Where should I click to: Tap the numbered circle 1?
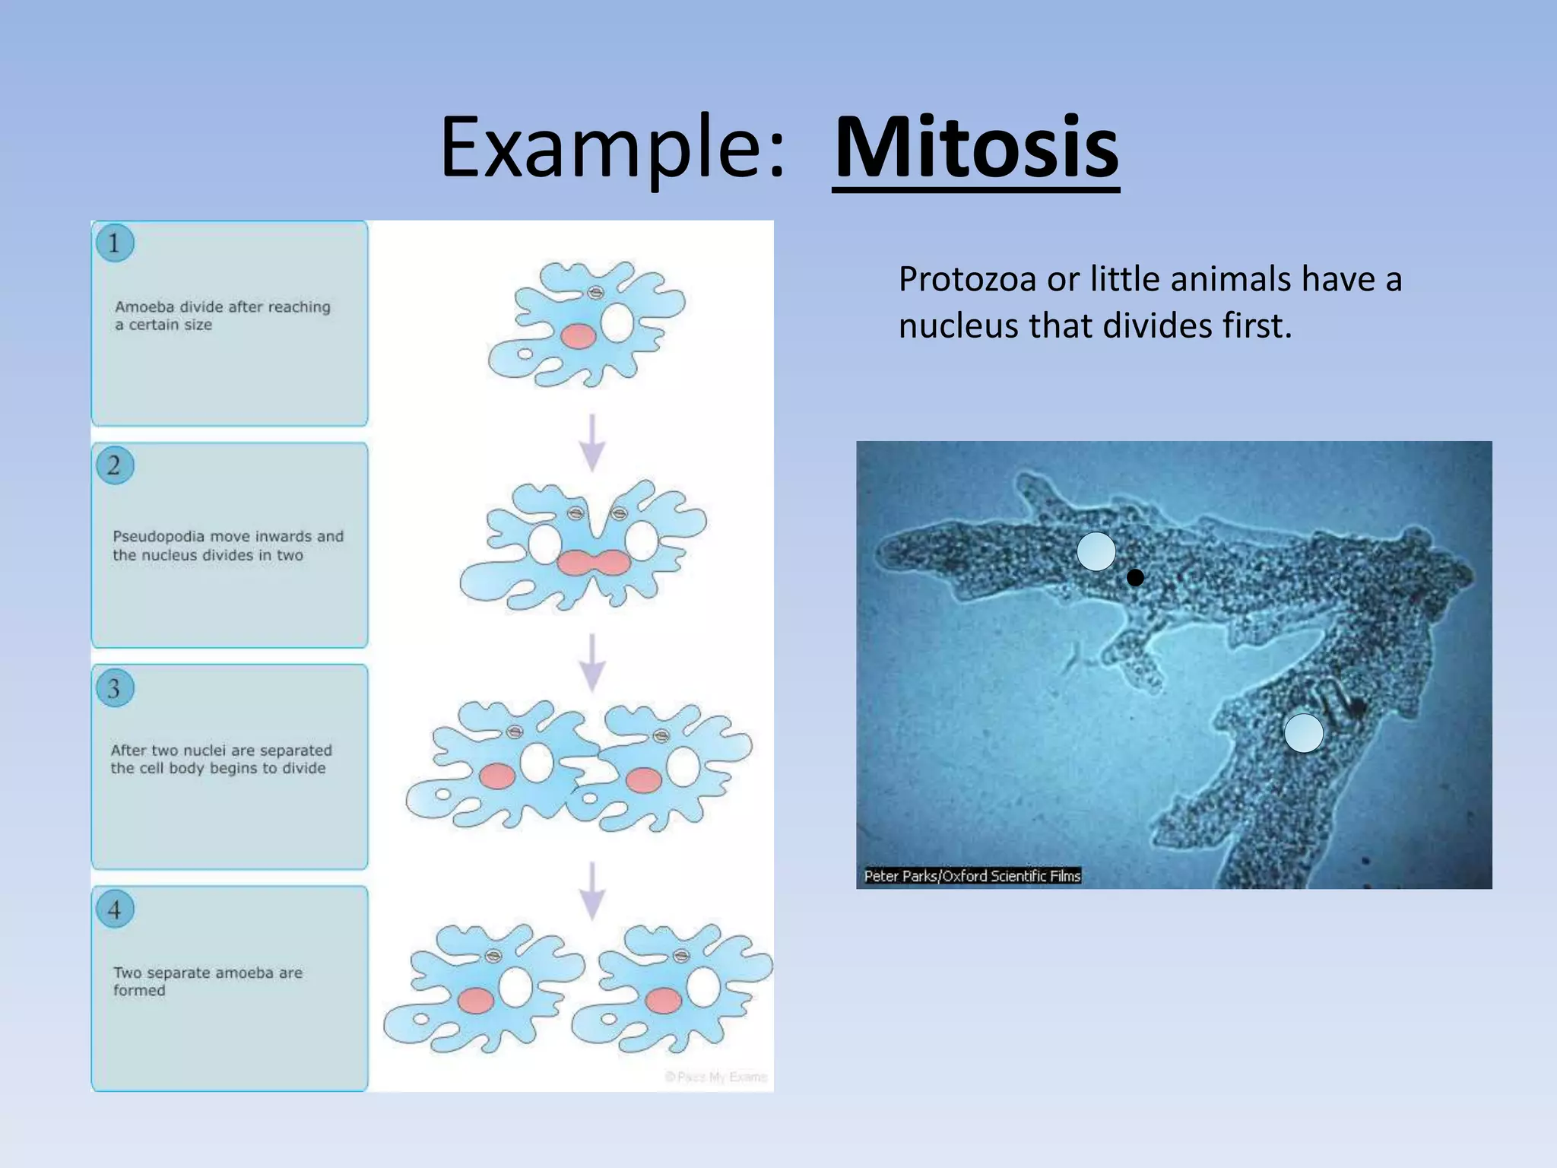[115, 243]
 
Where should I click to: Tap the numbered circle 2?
[115, 465]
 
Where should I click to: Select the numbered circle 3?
[115, 688]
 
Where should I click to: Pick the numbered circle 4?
[115, 909]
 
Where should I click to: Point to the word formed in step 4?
[139, 990]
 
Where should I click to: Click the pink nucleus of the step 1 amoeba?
[579, 335]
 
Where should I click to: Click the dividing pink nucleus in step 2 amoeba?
[593, 563]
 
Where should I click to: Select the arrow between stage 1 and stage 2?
[592, 442]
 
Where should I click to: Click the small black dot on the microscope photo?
[1135, 578]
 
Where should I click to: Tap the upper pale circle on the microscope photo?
[1096, 551]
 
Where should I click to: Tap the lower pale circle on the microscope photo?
[1303, 733]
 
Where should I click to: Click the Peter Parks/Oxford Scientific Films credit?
[972, 876]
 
